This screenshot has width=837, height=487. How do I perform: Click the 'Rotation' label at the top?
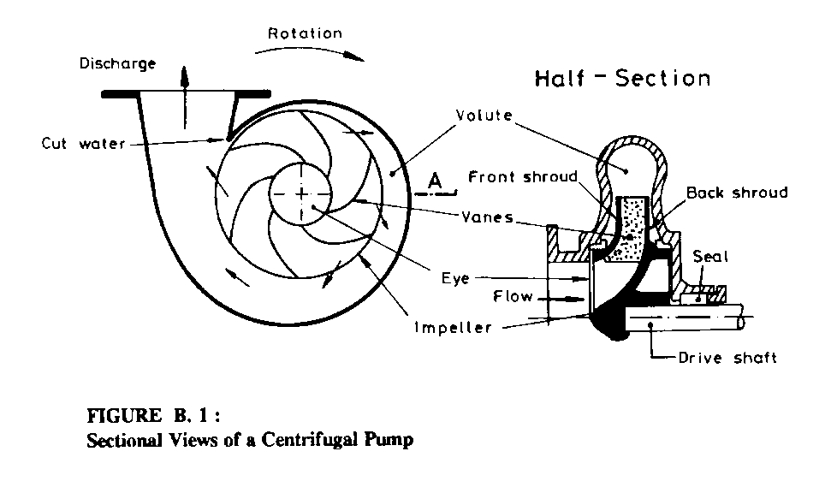pos(305,34)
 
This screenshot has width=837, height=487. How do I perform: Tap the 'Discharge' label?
pos(117,64)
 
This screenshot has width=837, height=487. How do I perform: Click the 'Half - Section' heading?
pos(622,79)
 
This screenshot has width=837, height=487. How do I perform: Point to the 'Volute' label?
pos(485,116)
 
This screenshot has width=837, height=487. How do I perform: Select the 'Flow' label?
pos(513,298)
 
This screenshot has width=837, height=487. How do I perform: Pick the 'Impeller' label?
pos(454,329)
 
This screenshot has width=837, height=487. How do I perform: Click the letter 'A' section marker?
pos(435,181)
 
